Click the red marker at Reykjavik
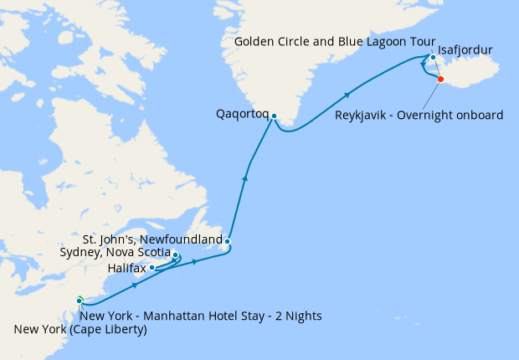441,80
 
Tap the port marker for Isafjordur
433,58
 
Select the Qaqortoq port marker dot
273,118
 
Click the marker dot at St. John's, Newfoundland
227,242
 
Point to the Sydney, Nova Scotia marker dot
175,255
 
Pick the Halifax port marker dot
152,268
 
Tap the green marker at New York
79,300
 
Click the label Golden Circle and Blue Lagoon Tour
330,41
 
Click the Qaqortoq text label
243,111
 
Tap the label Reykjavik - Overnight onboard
419,115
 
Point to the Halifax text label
126,268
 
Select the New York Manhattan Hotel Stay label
199,316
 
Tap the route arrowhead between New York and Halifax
135,286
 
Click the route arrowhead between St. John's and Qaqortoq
245,176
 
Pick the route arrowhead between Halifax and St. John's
195,262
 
